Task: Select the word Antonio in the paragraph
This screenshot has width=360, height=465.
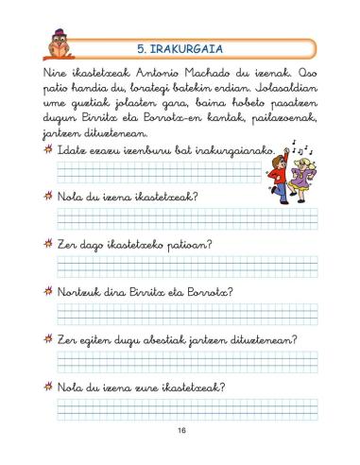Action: (155, 74)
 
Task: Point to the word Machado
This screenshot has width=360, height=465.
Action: (209, 74)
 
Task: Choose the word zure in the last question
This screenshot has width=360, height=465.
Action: (146, 387)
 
